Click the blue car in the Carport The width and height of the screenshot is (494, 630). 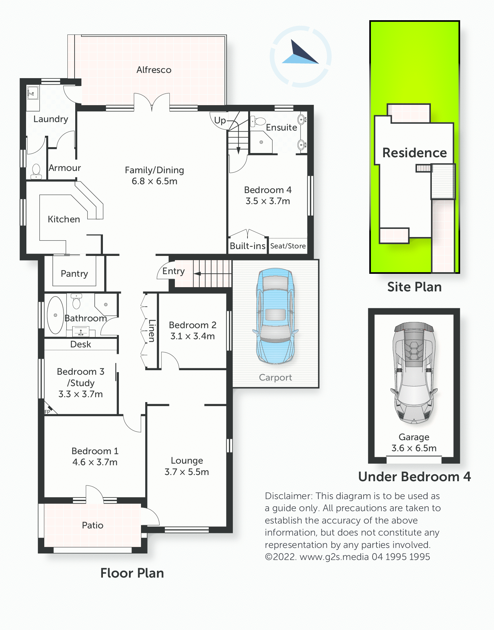(275, 316)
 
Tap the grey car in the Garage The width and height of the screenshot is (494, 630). (414, 373)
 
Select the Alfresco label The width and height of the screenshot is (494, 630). (154, 70)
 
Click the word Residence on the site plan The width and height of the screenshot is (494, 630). (415, 153)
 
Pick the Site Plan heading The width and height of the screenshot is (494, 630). (414, 287)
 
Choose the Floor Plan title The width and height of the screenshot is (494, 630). (132, 573)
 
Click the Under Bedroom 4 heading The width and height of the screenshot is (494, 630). (415, 477)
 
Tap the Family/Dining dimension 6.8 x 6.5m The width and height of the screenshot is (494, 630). (154, 181)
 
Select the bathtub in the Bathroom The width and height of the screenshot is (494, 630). (55, 315)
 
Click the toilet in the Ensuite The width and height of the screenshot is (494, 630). (258, 121)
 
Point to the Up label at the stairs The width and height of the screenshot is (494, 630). (220, 120)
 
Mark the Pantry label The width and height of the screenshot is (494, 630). (74, 273)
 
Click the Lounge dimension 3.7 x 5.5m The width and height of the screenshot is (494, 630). (187, 472)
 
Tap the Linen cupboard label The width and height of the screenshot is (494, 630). (152, 331)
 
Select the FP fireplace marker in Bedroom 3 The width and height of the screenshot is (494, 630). (48, 412)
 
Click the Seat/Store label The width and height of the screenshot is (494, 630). (288, 246)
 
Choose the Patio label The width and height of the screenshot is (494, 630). (92, 525)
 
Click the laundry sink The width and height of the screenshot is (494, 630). (33, 93)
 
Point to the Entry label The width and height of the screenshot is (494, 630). (174, 271)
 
